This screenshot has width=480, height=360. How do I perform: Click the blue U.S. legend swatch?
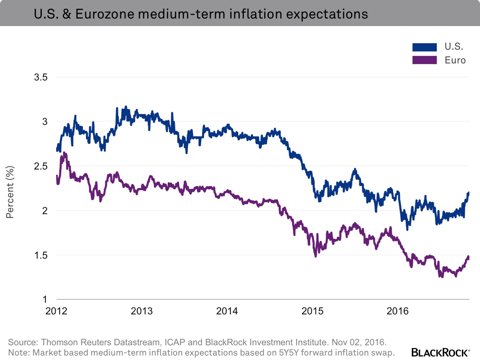point(424,47)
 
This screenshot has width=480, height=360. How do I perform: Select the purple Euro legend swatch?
point(424,60)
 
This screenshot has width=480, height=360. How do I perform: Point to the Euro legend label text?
point(455,60)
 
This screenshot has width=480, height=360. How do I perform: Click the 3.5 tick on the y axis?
point(41,77)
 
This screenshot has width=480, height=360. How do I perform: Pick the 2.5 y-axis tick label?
point(41,166)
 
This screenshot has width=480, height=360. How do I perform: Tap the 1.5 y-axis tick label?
point(41,255)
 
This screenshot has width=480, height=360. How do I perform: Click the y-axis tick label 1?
point(45,299)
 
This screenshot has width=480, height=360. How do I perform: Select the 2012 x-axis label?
point(56,311)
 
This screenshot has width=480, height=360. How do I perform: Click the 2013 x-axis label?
point(142,311)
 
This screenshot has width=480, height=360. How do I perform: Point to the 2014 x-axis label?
point(227,311)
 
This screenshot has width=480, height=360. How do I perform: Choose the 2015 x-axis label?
point(312,311)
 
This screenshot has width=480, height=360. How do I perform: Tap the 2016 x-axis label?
point(398,311)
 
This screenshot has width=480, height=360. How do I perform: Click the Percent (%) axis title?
point(10,192)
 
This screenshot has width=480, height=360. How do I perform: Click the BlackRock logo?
point(440,352)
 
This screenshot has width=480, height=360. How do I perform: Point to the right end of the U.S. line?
point(468,193)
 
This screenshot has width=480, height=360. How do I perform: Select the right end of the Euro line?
point(468,257)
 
